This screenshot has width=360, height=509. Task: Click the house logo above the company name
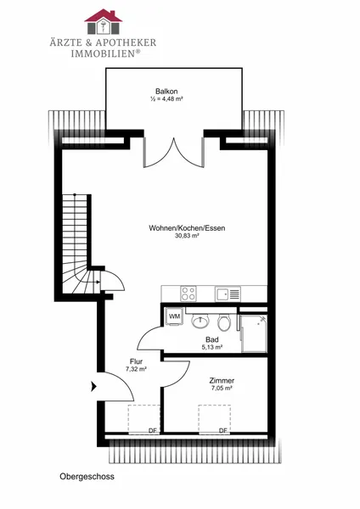104,21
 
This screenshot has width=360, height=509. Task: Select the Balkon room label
166,92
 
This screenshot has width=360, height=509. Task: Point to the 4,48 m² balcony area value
170,99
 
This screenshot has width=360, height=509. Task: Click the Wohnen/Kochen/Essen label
187,228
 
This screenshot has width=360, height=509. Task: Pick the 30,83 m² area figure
187,236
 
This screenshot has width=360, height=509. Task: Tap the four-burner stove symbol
188,294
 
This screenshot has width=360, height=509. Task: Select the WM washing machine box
174,316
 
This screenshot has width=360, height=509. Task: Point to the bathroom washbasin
200,321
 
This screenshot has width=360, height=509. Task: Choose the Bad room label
212,339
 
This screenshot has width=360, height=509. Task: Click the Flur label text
136,361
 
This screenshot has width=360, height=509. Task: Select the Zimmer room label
222,380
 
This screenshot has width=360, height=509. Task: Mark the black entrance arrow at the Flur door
94,386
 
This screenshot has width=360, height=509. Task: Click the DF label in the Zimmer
223,430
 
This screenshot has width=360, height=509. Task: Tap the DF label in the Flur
152,430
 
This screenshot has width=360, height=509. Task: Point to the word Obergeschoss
87,477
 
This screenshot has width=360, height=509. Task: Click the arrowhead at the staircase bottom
98,282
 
